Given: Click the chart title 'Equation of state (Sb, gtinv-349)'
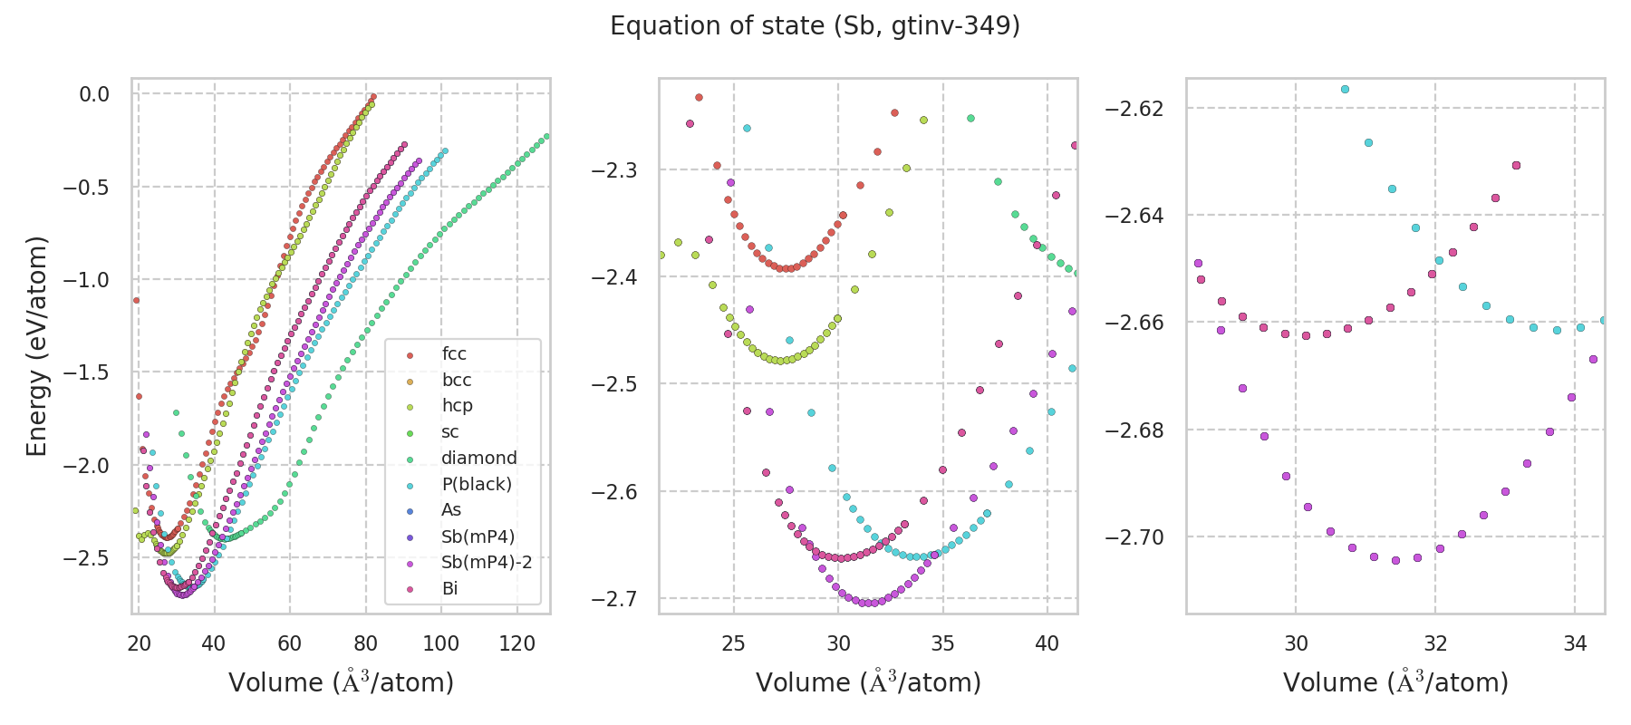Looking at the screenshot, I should (x=815, y=26).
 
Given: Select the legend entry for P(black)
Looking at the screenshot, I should (x=476, y=484).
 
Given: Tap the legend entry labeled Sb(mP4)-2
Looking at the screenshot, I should (x=486, y=562).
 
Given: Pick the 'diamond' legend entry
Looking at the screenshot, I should (x=478, y=458).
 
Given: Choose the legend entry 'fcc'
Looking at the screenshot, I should (x=454, y=353).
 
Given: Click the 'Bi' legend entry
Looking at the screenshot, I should (x=449, y=588).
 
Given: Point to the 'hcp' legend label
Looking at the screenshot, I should (x=457, y=405).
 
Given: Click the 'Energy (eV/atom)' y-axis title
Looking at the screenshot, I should (x=36, y=345).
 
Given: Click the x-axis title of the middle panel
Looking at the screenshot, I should (x=868, y=682).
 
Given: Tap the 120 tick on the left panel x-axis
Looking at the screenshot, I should (x=517, y=643).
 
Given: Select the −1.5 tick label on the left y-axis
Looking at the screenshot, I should (x=85, y=372).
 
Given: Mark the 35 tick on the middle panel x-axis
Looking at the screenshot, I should (x=942, y=643).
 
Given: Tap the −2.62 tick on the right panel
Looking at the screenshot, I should (x=1134, y=109).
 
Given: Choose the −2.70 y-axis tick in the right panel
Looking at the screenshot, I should (x=1134, y=537).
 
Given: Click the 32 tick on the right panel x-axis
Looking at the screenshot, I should (x=1435, y=643).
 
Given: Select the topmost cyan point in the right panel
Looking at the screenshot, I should (x=1345, y=89).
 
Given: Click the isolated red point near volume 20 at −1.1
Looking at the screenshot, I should (x=136, y=300).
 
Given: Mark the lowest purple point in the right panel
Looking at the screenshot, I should (x=1395, y=560).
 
